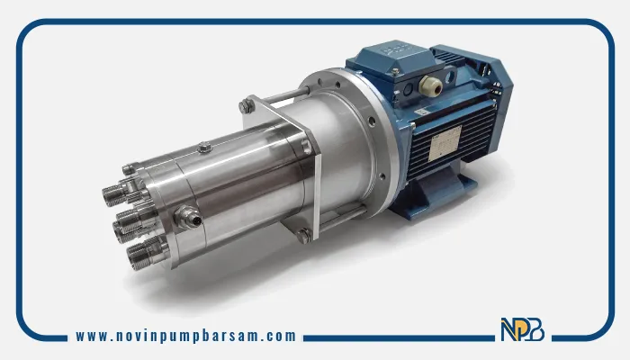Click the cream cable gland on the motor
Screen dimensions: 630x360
pos(430,85)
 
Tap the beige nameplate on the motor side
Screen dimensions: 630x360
pos(445,143)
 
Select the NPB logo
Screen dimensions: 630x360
pos(522,329)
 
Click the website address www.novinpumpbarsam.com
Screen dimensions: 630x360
pos(185,336)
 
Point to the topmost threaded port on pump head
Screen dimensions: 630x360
pos(114,195)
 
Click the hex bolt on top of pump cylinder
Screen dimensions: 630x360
pos(205,148)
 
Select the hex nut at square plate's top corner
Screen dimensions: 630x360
pos(246,106)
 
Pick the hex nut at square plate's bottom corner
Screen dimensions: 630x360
pos(303,236)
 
